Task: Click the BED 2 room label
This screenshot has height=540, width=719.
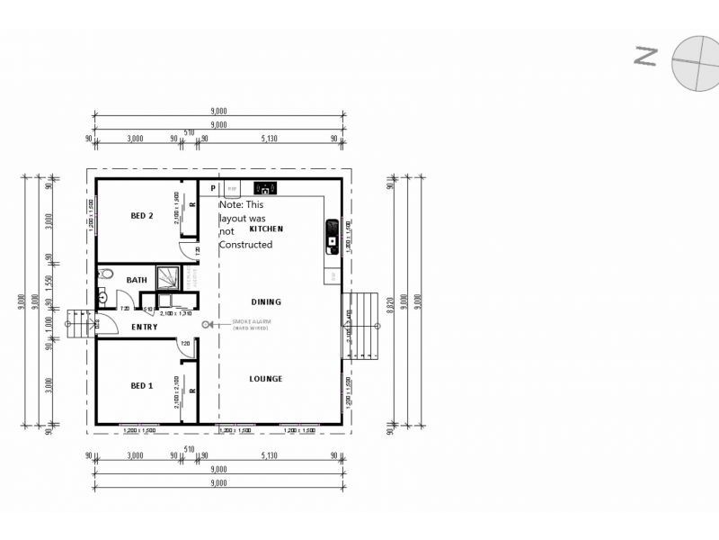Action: pos(142,215)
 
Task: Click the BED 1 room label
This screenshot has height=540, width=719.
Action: pos(142,386)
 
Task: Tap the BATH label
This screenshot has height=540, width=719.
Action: pos(137,280)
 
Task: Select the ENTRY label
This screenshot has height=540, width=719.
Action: pos(144,327)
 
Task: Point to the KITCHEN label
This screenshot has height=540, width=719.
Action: pos(266,229)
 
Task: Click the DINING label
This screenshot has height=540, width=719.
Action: pos(266,302)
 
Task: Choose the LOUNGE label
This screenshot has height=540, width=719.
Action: pos(266,379)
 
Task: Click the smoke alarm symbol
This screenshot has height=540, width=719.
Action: pos(207,324)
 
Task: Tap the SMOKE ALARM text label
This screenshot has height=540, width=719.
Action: pos(252,321)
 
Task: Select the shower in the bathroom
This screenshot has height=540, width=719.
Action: pos(169,276)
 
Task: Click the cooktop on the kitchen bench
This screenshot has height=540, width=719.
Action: pos(266,188)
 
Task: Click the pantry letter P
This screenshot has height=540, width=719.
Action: pos(213,189)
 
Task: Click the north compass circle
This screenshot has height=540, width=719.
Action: pos(696,62)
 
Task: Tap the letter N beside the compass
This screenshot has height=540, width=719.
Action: pos(645,56)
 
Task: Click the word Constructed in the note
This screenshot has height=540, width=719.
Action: pos(245,245)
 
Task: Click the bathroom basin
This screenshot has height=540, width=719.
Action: pos(103,298)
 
